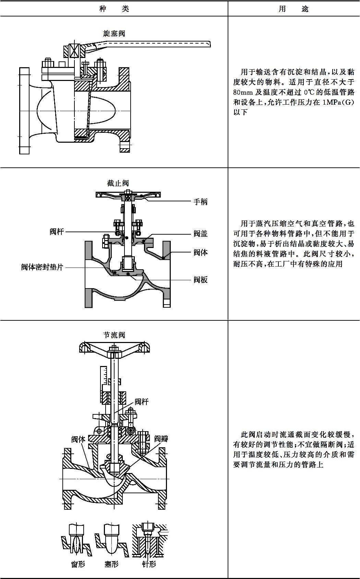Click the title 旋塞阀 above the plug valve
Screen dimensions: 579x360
(114, 33)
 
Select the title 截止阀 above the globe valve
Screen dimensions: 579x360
(118, 183)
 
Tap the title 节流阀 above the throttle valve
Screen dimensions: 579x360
(114, 335)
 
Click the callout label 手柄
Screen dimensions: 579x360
(201, 202)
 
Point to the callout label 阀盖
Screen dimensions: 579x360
(201, 234)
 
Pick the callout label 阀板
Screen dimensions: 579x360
(201, 280)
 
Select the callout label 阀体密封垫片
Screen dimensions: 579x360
(42, 267)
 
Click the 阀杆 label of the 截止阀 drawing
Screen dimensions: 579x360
(57, 232)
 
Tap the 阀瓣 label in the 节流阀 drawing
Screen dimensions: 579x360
(161, 439)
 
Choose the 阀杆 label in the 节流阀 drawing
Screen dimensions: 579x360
(142, 401)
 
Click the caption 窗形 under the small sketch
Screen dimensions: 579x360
(78, 564)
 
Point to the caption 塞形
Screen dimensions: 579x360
(111, 564)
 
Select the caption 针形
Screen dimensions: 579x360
(149, 564)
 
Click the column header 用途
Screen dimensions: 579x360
(293, 9)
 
